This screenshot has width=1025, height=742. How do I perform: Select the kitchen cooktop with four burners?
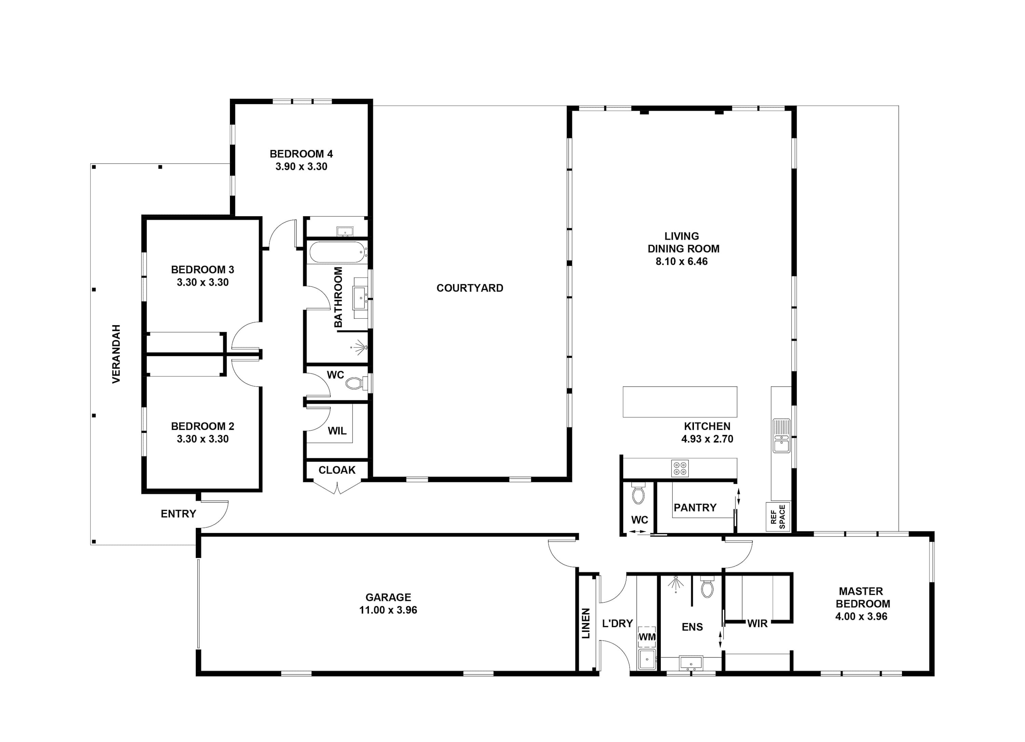pos(680,468)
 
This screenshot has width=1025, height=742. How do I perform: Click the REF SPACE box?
pos(778,516)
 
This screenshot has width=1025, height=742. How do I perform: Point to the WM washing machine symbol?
pos(647,637)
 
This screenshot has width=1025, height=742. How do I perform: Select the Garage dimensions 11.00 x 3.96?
pos(388,610)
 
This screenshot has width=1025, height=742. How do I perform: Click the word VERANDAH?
pos(116,354)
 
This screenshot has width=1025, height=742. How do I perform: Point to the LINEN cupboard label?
pos(586,624)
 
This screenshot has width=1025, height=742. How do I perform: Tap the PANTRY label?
pos(695,507)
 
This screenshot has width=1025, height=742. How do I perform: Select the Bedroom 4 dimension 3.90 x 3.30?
pos(301,167)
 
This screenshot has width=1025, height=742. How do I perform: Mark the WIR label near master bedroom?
pos(757,624)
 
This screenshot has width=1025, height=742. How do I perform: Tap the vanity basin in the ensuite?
pos(691,663)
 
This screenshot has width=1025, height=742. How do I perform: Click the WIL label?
pos(337,430)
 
